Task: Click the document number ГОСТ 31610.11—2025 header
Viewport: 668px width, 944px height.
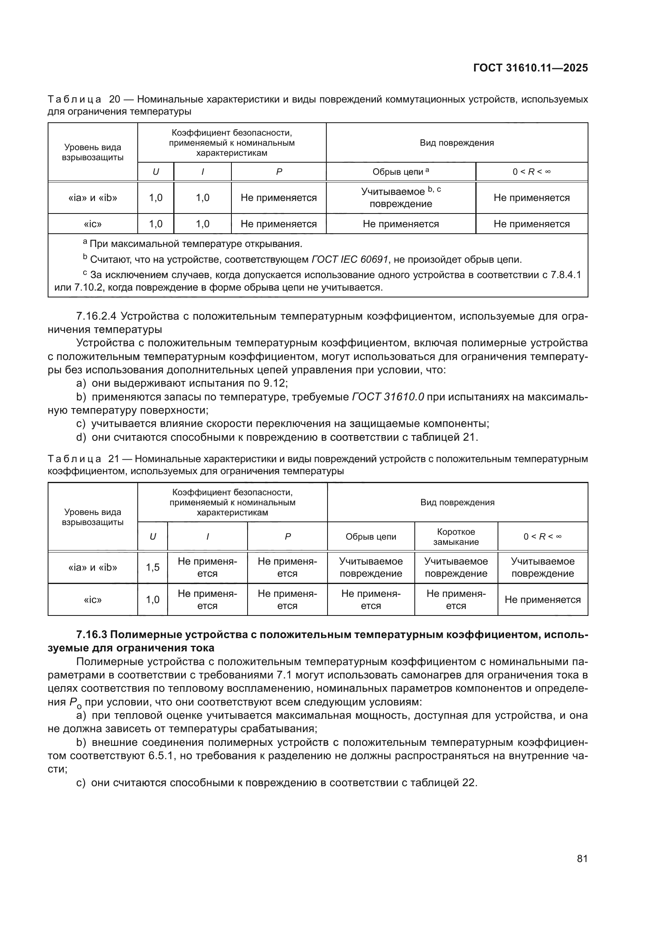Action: [x=530, y=68]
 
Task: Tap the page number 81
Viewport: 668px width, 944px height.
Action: [x=582, y=858]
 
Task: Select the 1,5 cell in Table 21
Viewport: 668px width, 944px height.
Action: [x=153, y=567]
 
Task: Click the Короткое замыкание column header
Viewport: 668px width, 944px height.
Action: [x=456, y=536]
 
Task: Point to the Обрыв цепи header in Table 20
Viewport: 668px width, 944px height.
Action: [x=401, y=172]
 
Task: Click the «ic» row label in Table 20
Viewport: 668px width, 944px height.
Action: [x=92, y=224]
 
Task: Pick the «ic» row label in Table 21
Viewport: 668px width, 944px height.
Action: [x=92, y=599]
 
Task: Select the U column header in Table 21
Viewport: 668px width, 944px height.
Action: [x=153, y=536]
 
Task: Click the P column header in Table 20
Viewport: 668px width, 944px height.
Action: [x=279, y=172]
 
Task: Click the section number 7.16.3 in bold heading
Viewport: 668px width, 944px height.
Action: [x=92, y=634]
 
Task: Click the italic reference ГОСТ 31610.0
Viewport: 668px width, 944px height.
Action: [x=388, y=397]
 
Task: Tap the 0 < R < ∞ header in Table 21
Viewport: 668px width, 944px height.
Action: [x=542, y=536]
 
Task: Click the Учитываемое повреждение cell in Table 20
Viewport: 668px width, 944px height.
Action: [x=401, y=197]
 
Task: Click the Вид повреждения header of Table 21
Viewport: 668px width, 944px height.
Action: [x=457, y=502]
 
